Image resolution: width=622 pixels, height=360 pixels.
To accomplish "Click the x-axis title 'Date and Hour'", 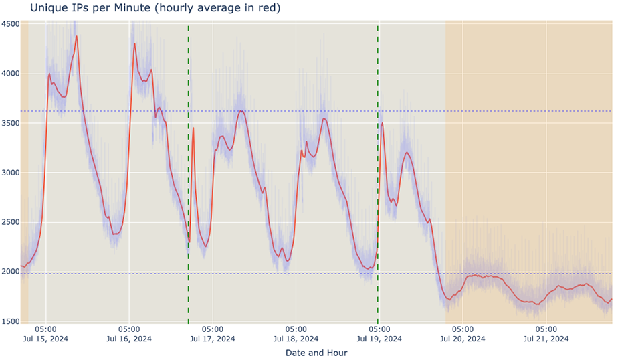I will [316, 352].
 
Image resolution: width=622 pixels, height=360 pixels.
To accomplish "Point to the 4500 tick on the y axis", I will [11, 24].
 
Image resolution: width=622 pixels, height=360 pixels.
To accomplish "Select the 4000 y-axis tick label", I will [11, 74].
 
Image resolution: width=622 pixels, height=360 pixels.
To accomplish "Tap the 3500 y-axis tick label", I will [11, 123].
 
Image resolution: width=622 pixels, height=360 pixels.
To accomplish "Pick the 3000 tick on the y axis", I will [11, 173].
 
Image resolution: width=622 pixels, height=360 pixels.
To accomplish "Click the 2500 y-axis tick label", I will [11, 222].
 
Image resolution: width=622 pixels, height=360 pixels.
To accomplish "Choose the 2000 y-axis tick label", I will [11, 272].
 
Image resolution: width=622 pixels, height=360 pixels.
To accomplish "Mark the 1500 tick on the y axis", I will [11, 321].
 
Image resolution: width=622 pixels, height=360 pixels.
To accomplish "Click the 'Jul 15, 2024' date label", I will [45, 339].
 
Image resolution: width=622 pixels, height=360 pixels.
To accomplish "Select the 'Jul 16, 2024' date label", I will [129, 339].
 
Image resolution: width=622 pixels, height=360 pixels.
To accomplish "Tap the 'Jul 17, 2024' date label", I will [213, 339].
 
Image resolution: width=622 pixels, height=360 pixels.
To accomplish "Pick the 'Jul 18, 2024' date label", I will [296, 339].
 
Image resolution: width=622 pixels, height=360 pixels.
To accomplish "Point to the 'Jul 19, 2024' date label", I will [379, 339].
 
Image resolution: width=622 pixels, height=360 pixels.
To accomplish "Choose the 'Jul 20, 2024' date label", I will [463, 339].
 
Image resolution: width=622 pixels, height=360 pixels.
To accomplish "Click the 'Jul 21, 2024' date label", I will [546, 339].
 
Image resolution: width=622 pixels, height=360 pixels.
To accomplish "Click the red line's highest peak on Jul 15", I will [77, 36].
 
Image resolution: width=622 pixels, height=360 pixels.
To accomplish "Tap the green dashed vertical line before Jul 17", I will [188, 167].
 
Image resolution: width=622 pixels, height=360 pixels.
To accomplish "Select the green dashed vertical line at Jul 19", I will [378, 167].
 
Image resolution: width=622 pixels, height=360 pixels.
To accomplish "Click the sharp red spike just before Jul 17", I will [193, 128].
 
